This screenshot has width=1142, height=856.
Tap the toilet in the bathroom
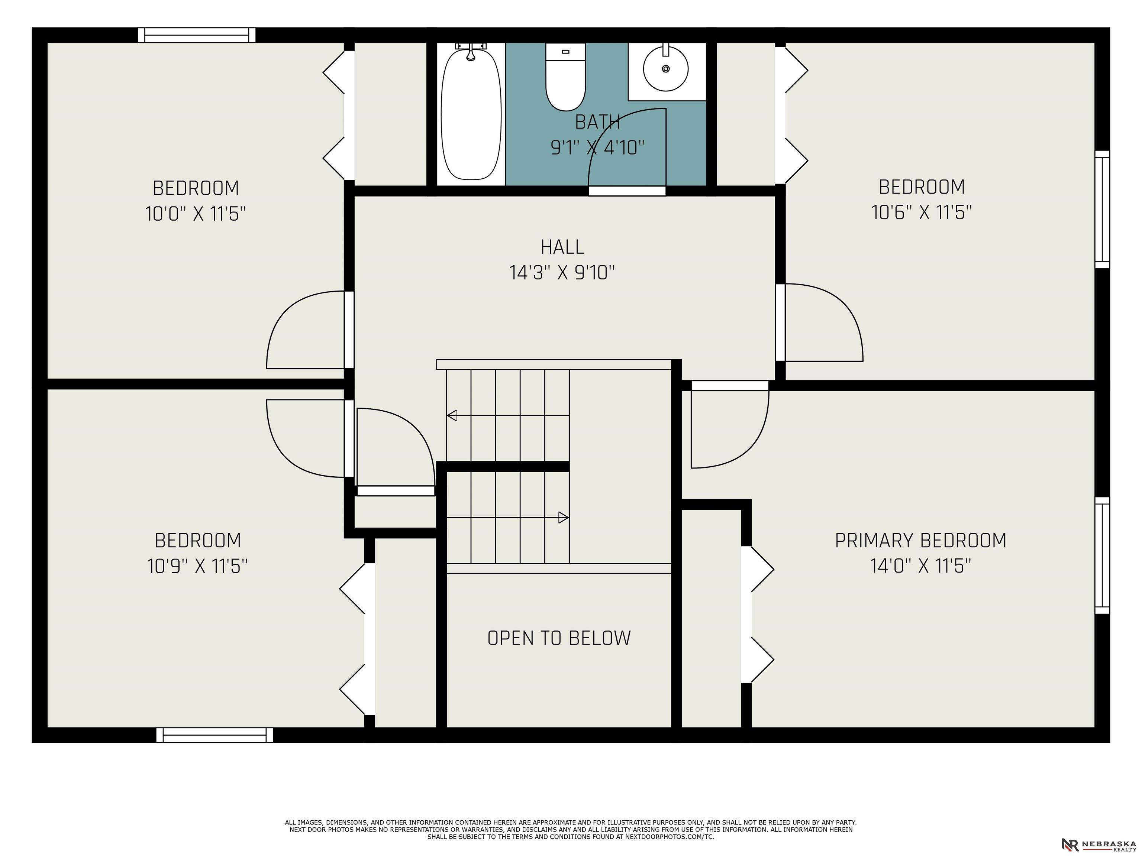(x=565, y=77)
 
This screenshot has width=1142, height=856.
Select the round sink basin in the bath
(x=665, y=68)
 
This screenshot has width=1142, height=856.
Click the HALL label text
(x=562, y=247)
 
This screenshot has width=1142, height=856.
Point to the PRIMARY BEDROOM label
(x=920, y=540)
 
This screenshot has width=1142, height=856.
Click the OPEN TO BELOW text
(x=559, y=638)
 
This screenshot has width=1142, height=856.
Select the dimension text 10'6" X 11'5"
(x=922, y=213)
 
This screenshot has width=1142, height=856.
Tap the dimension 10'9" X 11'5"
(x=197, y=566)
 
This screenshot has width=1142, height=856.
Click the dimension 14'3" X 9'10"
(x=562, y=272)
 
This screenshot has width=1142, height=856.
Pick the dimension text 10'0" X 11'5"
(x=196, y=214)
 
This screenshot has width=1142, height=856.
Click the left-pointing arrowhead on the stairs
(x=452, y=415)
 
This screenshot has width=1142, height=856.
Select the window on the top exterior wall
(x=197, y=35)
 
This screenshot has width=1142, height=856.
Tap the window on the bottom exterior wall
(x=215, y=735)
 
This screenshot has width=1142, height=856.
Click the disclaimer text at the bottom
(x=571, y=829)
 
